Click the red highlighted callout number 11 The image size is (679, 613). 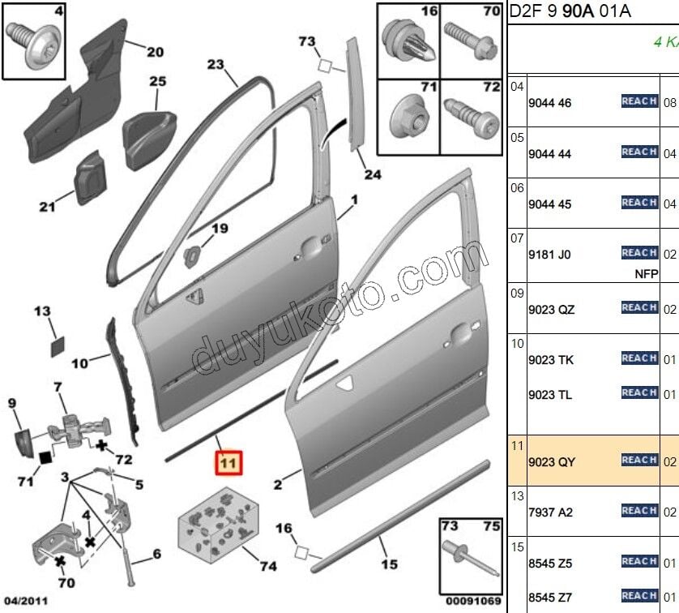coord(228,463)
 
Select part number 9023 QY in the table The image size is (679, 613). coord(551,462)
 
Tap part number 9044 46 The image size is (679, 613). coord(549,104)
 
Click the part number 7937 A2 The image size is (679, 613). coord(549,512)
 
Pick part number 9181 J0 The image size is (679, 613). coord(549,255)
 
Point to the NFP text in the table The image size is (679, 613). coord(645,274)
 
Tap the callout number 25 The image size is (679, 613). coord(157,81)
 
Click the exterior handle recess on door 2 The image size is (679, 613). coord(459,330)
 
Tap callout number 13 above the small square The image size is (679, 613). coord(42,311)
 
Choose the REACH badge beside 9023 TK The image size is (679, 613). coord(638,358)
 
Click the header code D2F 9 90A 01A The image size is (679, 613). coord(569,12)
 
